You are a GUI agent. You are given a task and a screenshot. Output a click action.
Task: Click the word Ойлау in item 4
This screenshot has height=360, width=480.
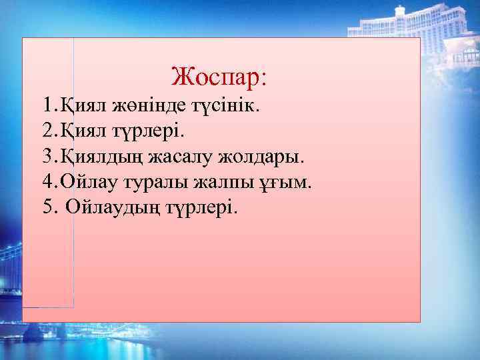point(85,182)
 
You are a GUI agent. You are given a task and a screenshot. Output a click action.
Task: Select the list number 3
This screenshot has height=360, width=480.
point(46,157)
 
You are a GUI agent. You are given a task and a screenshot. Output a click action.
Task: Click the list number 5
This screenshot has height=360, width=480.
point(46,207)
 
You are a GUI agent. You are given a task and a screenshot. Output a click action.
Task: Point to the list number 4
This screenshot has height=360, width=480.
point(46,182)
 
